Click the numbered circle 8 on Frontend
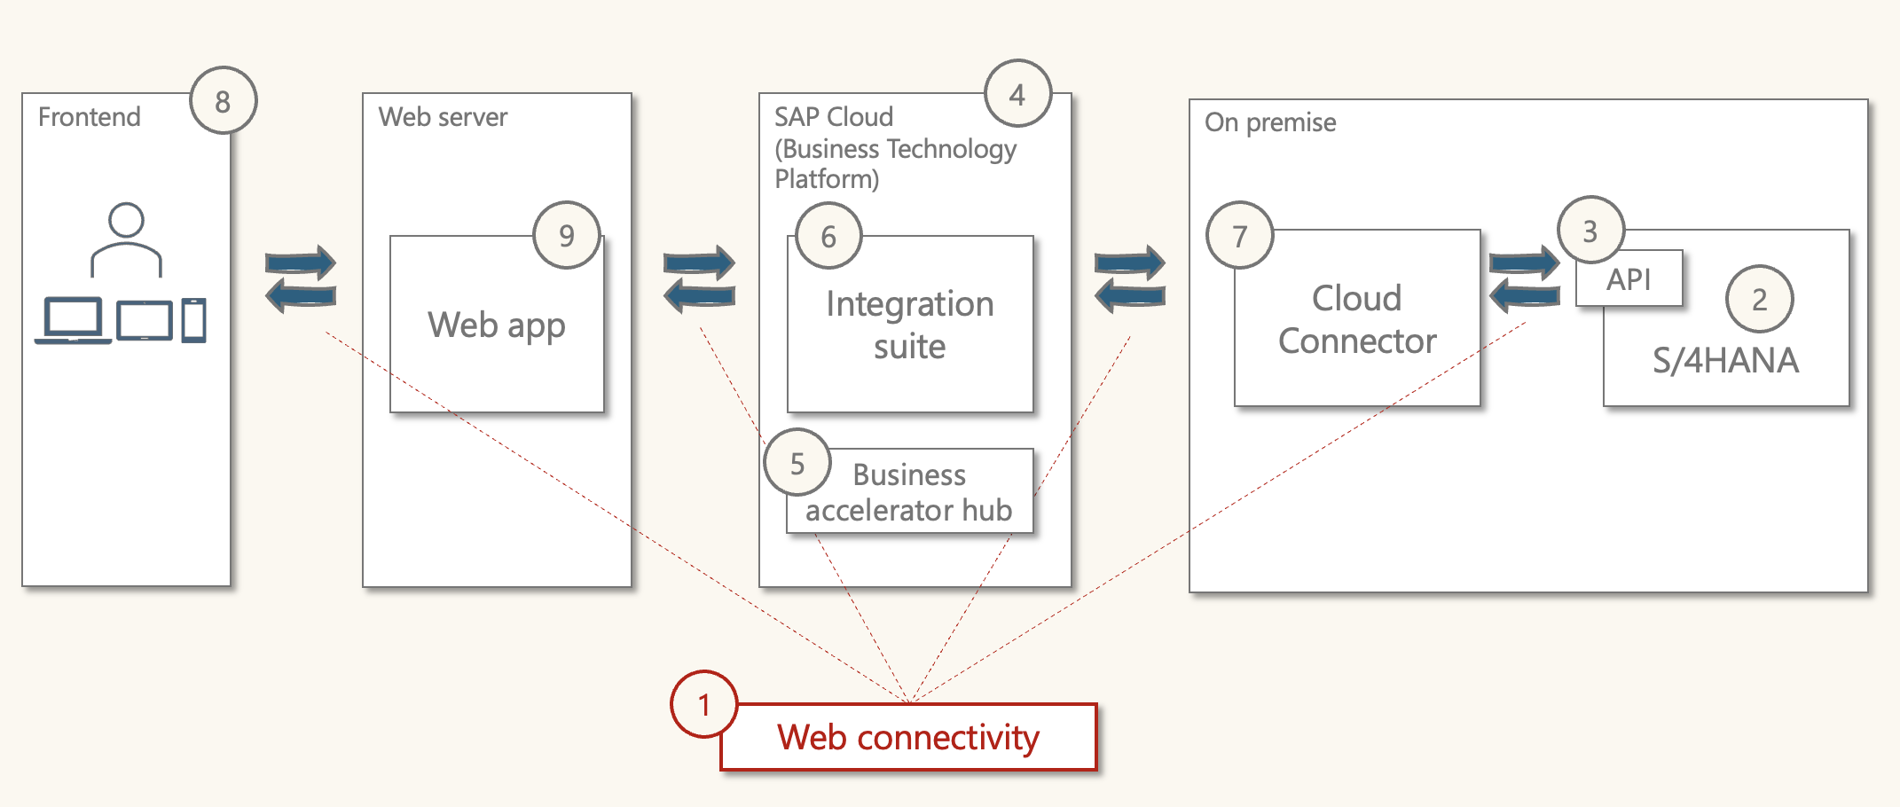pos(223,101)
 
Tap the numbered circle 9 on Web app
pos(566,236)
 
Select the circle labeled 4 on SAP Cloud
pos(1017,94)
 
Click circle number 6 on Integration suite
pos(828,236)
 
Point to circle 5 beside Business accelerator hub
pos(797,463)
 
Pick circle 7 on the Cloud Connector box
pos(1239,236)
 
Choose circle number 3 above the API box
pos(1590,231)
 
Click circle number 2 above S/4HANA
pos(1759,300)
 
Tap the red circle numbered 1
pos(703,705)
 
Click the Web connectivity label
pos(908,738)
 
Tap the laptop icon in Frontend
pos(73,321)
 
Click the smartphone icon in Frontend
pos(193,320)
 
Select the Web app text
pos(496,325)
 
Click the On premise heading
pos(1269,122)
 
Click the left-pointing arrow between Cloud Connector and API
pos(1524,295)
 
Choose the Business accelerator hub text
pos(908,493)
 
